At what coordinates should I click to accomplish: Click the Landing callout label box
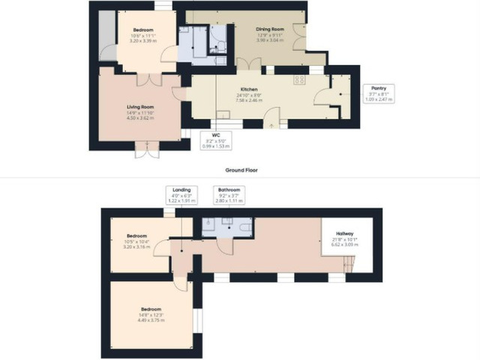181,194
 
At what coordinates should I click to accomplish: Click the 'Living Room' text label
140,106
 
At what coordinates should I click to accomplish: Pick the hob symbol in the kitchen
300,79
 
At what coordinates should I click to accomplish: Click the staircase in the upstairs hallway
346,262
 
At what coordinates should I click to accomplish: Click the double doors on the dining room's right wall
301,34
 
